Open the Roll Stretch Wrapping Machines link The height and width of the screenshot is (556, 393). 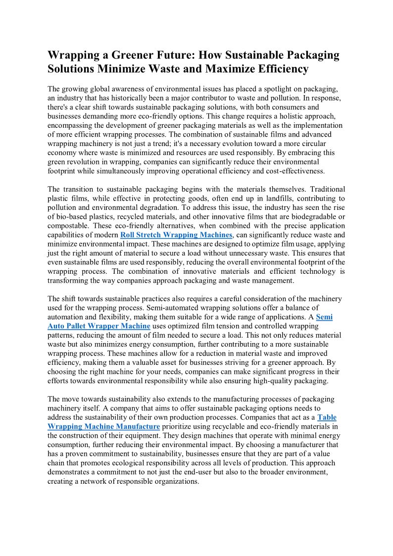pyautogui.click(x=176, y=235)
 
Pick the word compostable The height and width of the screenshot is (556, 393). pyautogui.click(x=70, y=226)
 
